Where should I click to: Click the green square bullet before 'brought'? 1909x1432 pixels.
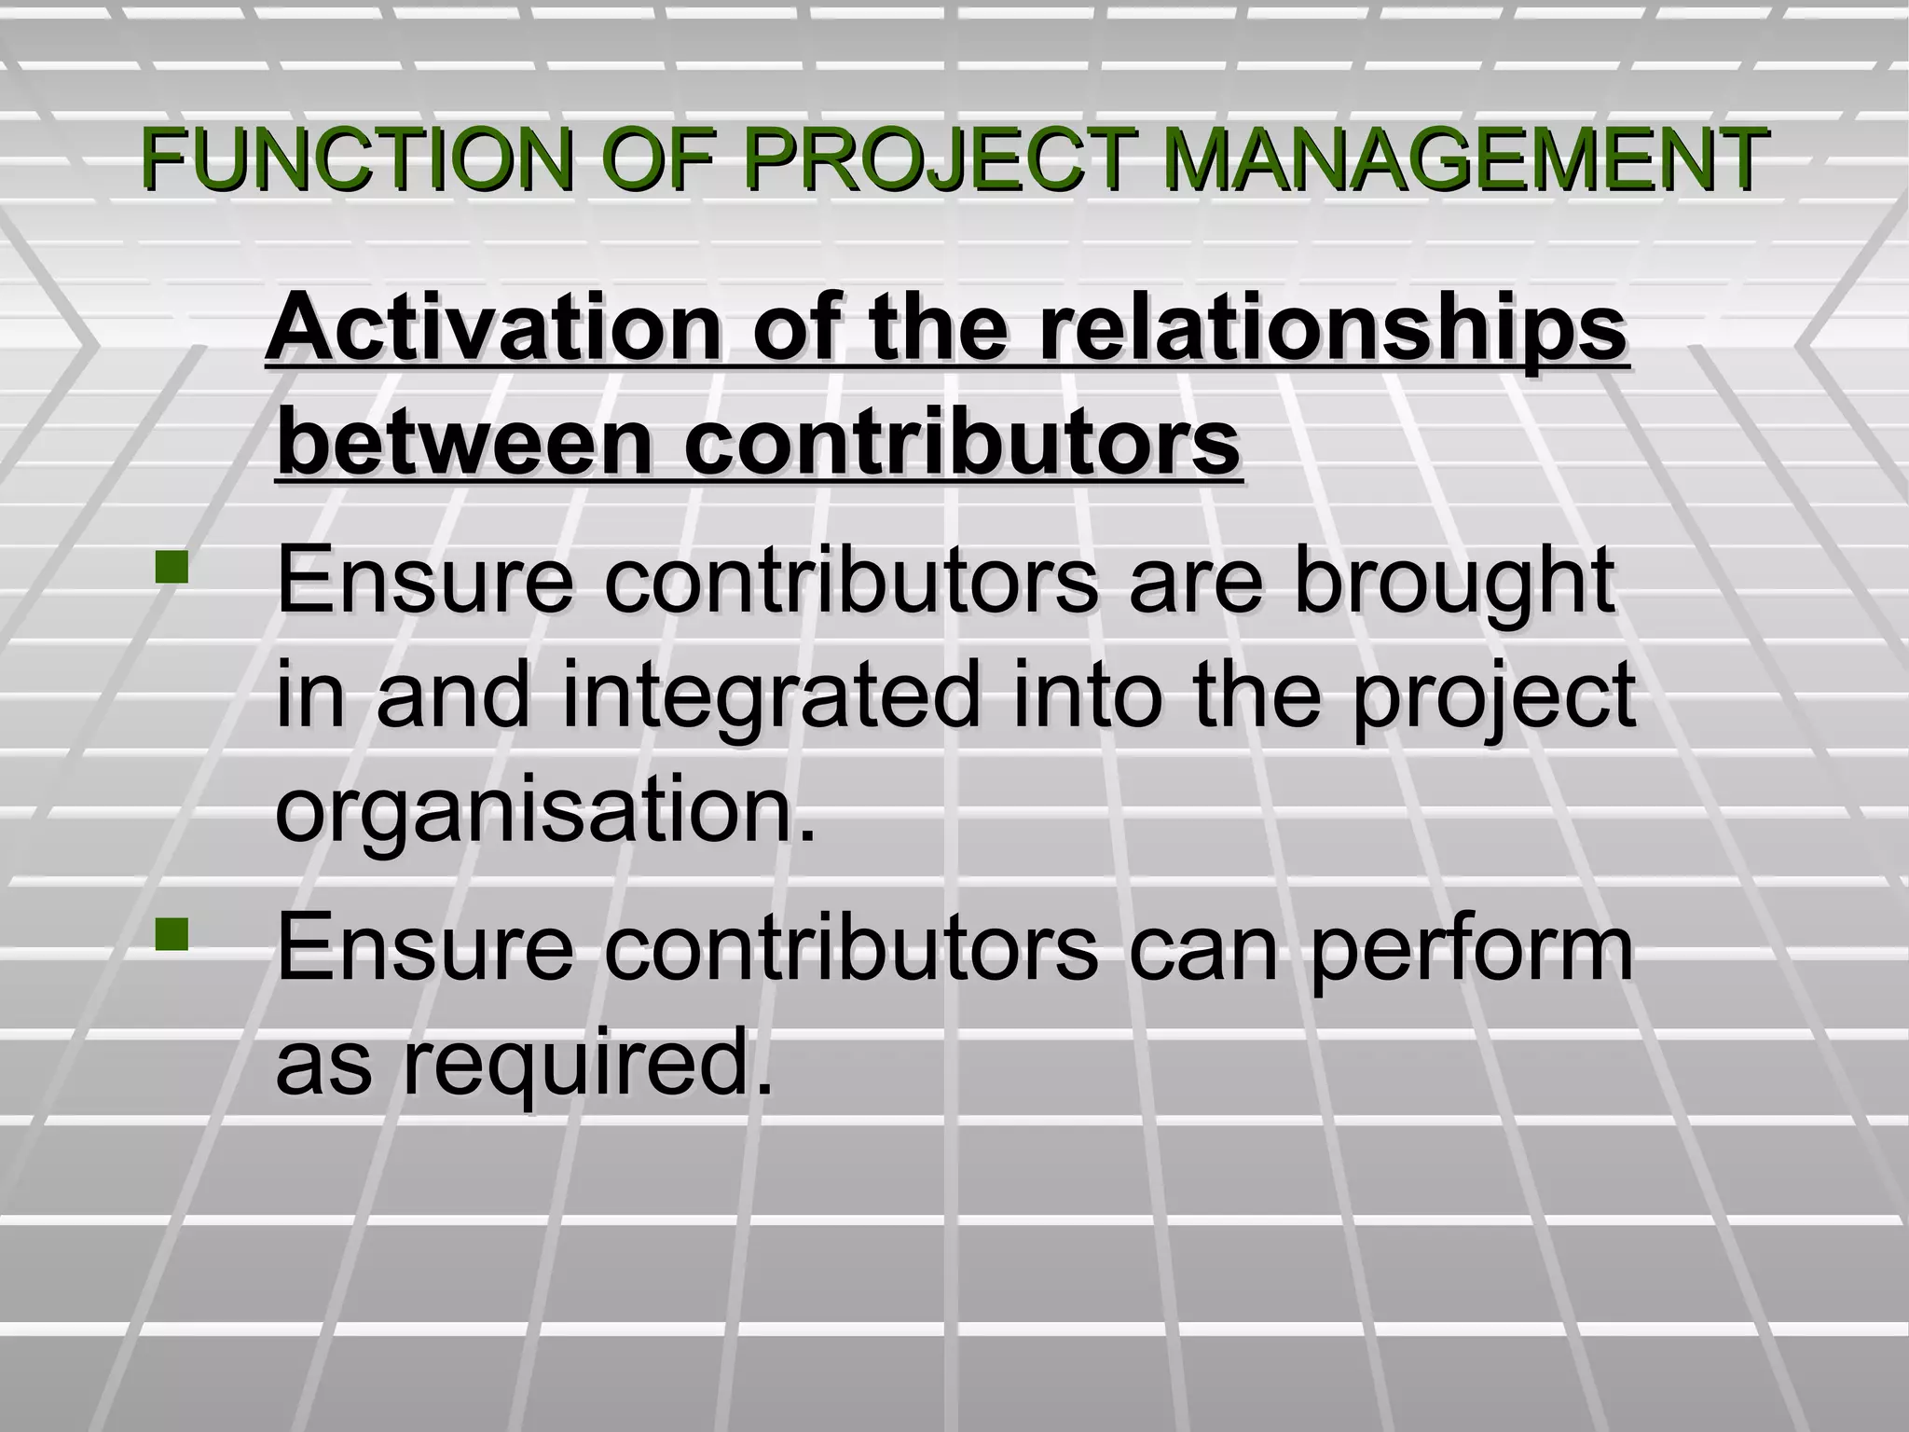pos(172,569)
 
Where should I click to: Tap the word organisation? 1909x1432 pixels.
pos(545,806)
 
